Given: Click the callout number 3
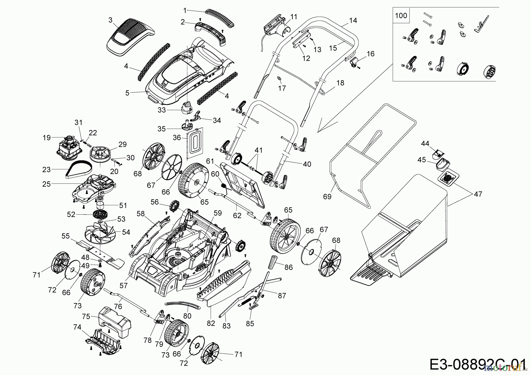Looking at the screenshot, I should pyautogui.click(x=110, y=20).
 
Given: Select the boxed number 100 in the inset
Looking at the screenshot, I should pyautogui.click(x=401, y=15).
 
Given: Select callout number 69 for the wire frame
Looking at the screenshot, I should pyautogui.click(x=327, y=197).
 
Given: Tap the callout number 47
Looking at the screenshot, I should pyautogui.click(x=478, y=194).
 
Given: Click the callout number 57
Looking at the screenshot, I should pyautogui.click(x=124, y=285).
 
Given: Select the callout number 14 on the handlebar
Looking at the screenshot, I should pyautogui.click(x=353, y=20).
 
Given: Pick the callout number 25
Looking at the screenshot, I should pyautogui.click(x=47, y=184).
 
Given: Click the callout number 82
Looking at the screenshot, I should pyautogui.click(x=211, y=323).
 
